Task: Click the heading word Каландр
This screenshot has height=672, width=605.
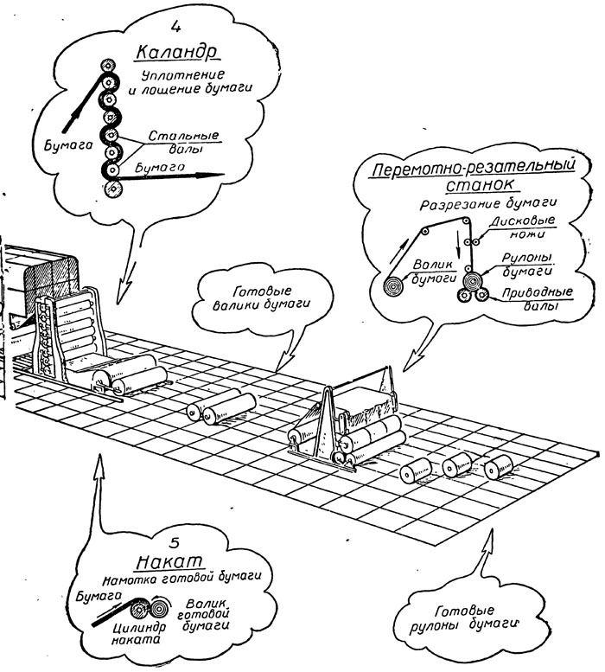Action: pyautogui.click(x=176, y=53)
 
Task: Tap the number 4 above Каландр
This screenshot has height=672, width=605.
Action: pyautogui.click(x=175, y=27)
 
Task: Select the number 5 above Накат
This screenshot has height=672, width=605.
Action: pyautogui.click(x=175, y=542)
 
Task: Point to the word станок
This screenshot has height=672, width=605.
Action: pyautogui.click(x=480, y=185)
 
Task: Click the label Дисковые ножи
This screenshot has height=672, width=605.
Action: pyautogui.click(x=523, y=227)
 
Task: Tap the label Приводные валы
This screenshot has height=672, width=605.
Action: pyautogui.click(x=538, y=298)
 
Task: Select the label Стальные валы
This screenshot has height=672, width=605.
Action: pyautogui.click(x=183, y=142)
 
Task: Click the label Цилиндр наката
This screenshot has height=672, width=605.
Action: pyautogui.click(x=139, y=633)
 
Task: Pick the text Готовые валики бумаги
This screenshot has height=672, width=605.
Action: pyautogui.click(x=261, y=298)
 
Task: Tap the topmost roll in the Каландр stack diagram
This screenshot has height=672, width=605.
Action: pyautogui.click(x=107, y=67)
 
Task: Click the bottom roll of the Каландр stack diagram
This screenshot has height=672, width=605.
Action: pyautogui.click(x=113, y=189)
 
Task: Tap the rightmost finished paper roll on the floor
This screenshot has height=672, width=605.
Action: pyautogui.click(x=499, y=466)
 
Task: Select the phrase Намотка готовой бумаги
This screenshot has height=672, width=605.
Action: pyautogui.click(x=181, y=578)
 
